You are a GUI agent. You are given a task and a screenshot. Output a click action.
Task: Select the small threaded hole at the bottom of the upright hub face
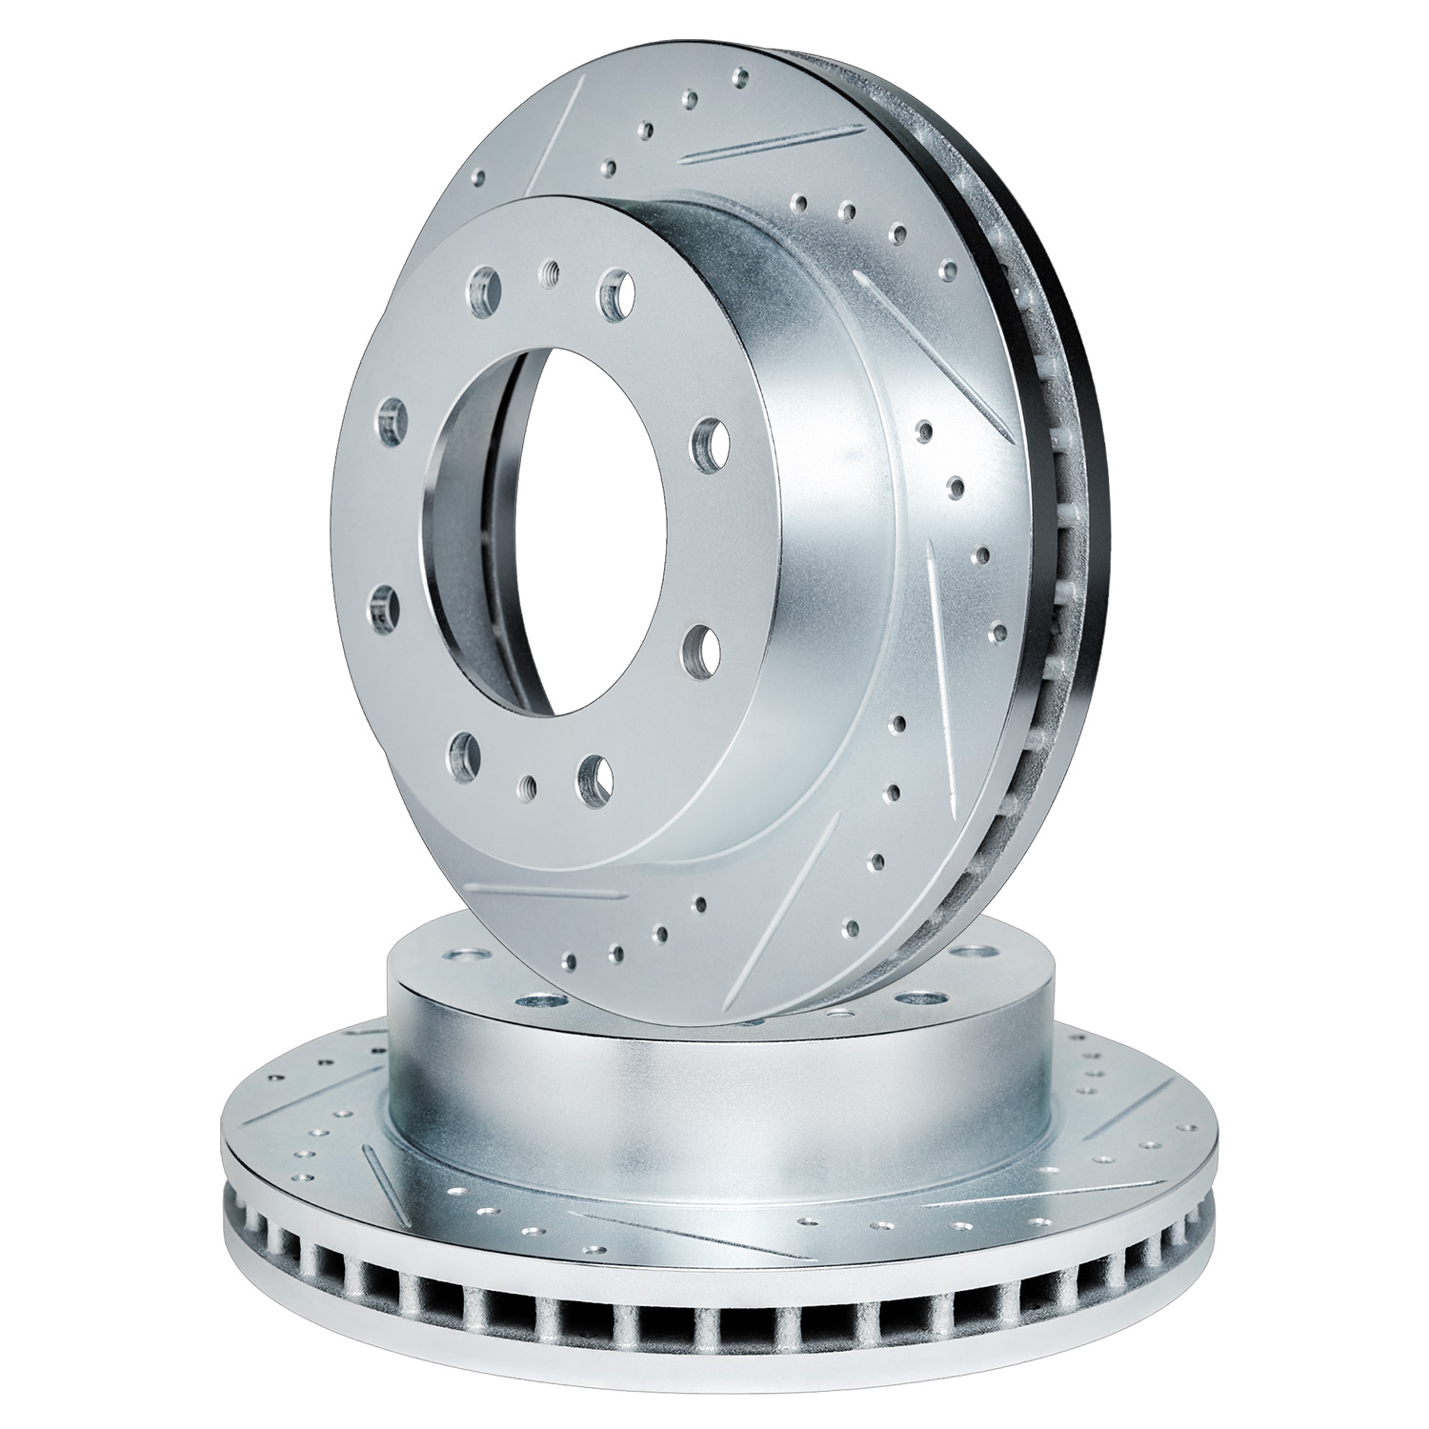tap(526, 784)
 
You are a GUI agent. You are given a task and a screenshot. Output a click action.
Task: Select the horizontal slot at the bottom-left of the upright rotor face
tap(553, 891)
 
